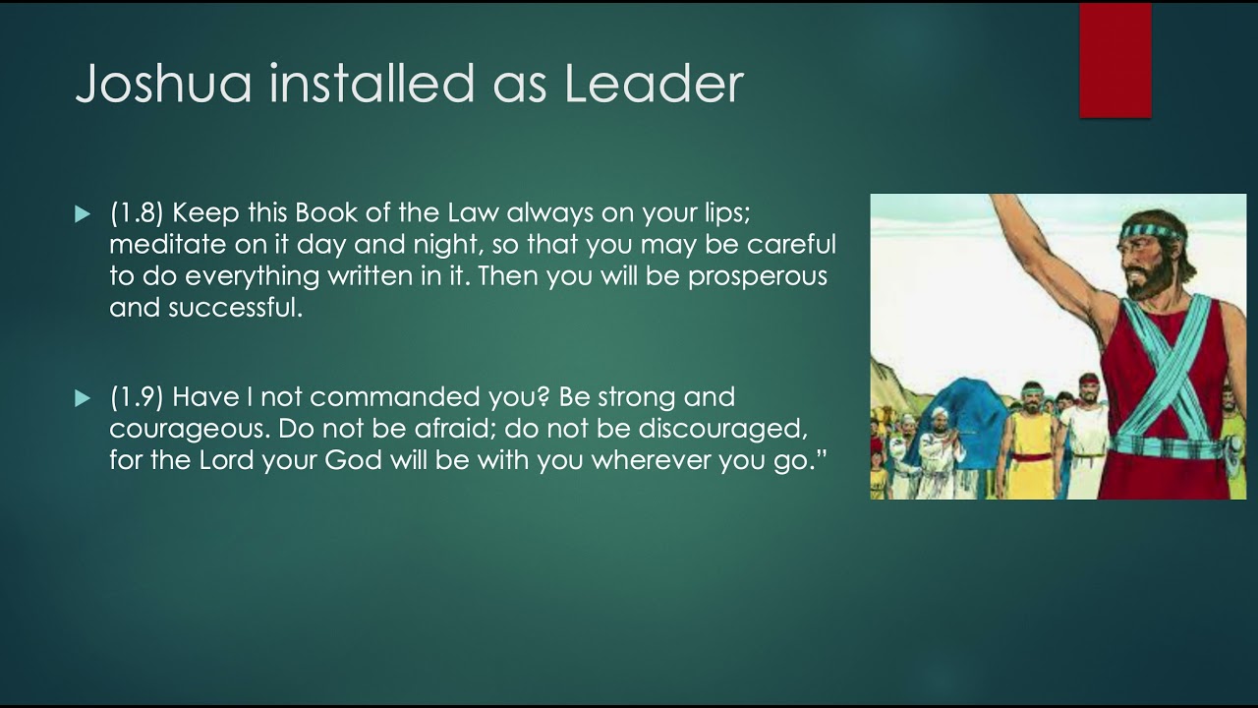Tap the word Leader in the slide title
[x=654, y=85]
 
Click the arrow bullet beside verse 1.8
[x=83, y=214]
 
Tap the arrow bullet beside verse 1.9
[x=83, y=398]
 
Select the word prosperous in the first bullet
[x=757, y=276]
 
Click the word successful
[x=233, y=308]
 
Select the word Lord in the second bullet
[x=222, y=460]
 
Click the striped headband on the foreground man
[x=1150, y=233]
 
